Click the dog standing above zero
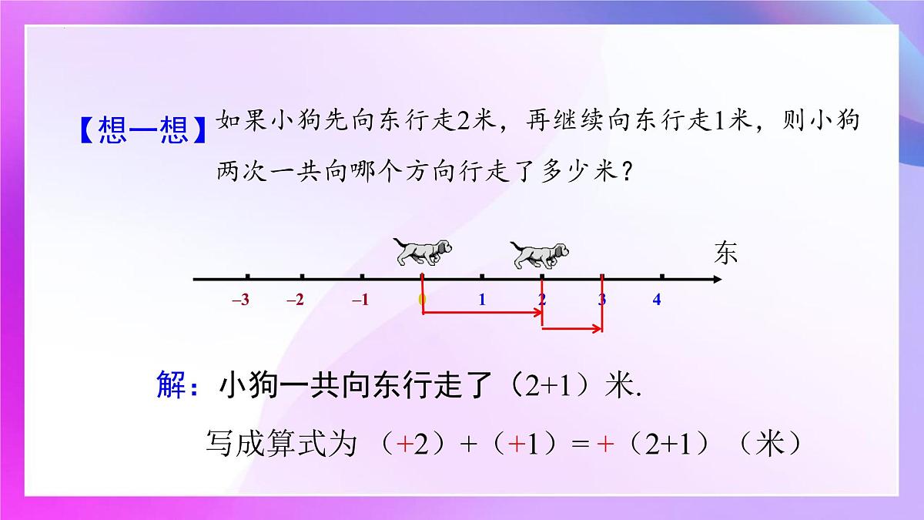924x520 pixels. click(422, 252)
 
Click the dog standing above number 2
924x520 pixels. click(539, 254)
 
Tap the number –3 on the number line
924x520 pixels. click(240, 300)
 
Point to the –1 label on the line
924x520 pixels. click(360, 300)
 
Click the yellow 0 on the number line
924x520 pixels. click(421, 300)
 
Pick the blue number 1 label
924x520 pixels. click(482, 300)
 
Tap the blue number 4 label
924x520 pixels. click(657, 300)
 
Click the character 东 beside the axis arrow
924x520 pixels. click(725, 253)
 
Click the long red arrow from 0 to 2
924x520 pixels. click(483, 313)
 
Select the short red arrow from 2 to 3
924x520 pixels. click(572, 330)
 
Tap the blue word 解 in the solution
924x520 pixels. click(172, 385)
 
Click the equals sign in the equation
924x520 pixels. click(580, 445)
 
